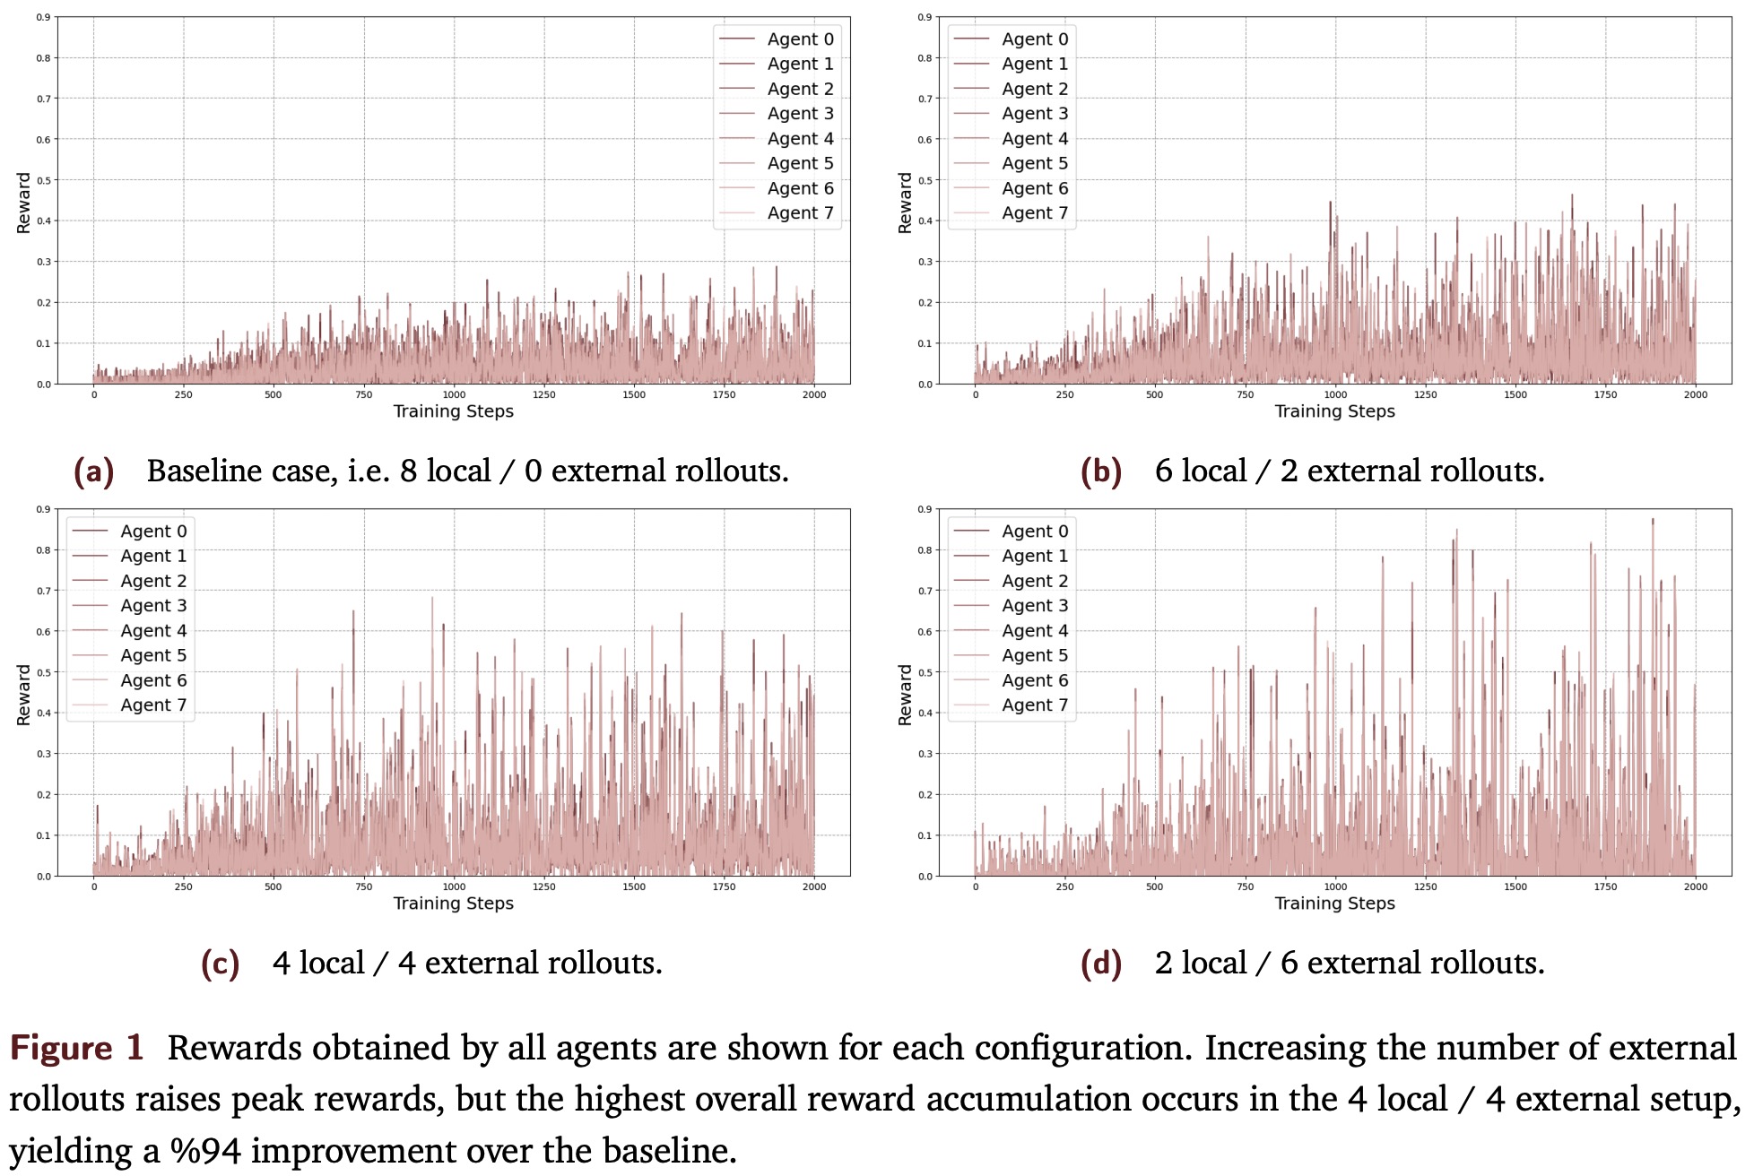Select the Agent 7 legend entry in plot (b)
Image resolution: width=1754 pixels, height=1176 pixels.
coord(1034,213)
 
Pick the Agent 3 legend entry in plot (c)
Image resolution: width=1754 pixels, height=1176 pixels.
coord(153,606)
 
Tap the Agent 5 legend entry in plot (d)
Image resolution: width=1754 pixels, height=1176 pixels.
coord(1034,655)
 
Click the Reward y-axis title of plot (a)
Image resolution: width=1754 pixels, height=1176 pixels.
coord(23,203)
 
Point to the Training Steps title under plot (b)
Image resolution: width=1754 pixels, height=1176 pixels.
coord(1334,411)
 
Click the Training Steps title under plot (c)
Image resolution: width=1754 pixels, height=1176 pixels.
coord(453,904)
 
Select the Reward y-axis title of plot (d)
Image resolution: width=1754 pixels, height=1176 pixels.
coord(905,695)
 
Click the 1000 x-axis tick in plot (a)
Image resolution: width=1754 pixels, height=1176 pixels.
coord(454,394)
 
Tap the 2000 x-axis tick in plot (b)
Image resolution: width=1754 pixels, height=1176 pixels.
coord(1695,394)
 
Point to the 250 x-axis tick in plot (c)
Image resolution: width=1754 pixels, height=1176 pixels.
coord(183,886)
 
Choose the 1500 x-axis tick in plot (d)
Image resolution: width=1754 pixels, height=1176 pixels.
coord(1515,886)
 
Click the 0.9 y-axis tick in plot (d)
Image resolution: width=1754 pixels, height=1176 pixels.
coord(925,509)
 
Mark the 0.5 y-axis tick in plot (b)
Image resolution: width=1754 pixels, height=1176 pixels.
coord(925,180)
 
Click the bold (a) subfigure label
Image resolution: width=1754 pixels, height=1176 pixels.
coord(94,471)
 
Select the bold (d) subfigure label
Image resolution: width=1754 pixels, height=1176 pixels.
coord(1101,964)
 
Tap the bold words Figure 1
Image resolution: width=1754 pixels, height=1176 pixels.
coord(77,1048)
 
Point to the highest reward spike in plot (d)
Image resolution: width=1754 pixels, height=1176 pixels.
coord(1653,520)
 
